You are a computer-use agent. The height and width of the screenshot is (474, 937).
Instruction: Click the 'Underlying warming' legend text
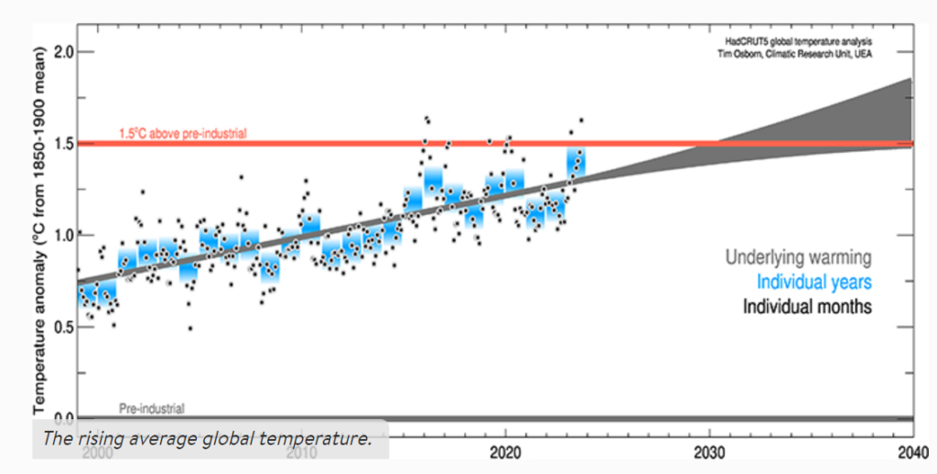point(798,258)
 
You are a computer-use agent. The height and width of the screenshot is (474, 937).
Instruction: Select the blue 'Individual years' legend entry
point(808,282)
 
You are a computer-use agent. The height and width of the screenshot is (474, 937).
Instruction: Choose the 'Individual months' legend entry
point(806,306)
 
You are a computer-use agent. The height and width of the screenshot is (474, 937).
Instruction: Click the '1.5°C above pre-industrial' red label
point(182,134)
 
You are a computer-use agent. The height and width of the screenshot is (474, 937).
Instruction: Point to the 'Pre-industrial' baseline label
point(151,408)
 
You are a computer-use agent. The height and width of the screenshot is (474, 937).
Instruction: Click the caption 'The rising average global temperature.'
point(207,438)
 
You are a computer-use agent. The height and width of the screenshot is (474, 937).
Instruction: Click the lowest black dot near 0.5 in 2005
point(190,328)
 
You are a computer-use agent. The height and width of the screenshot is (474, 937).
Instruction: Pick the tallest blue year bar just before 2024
point(576,165)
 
